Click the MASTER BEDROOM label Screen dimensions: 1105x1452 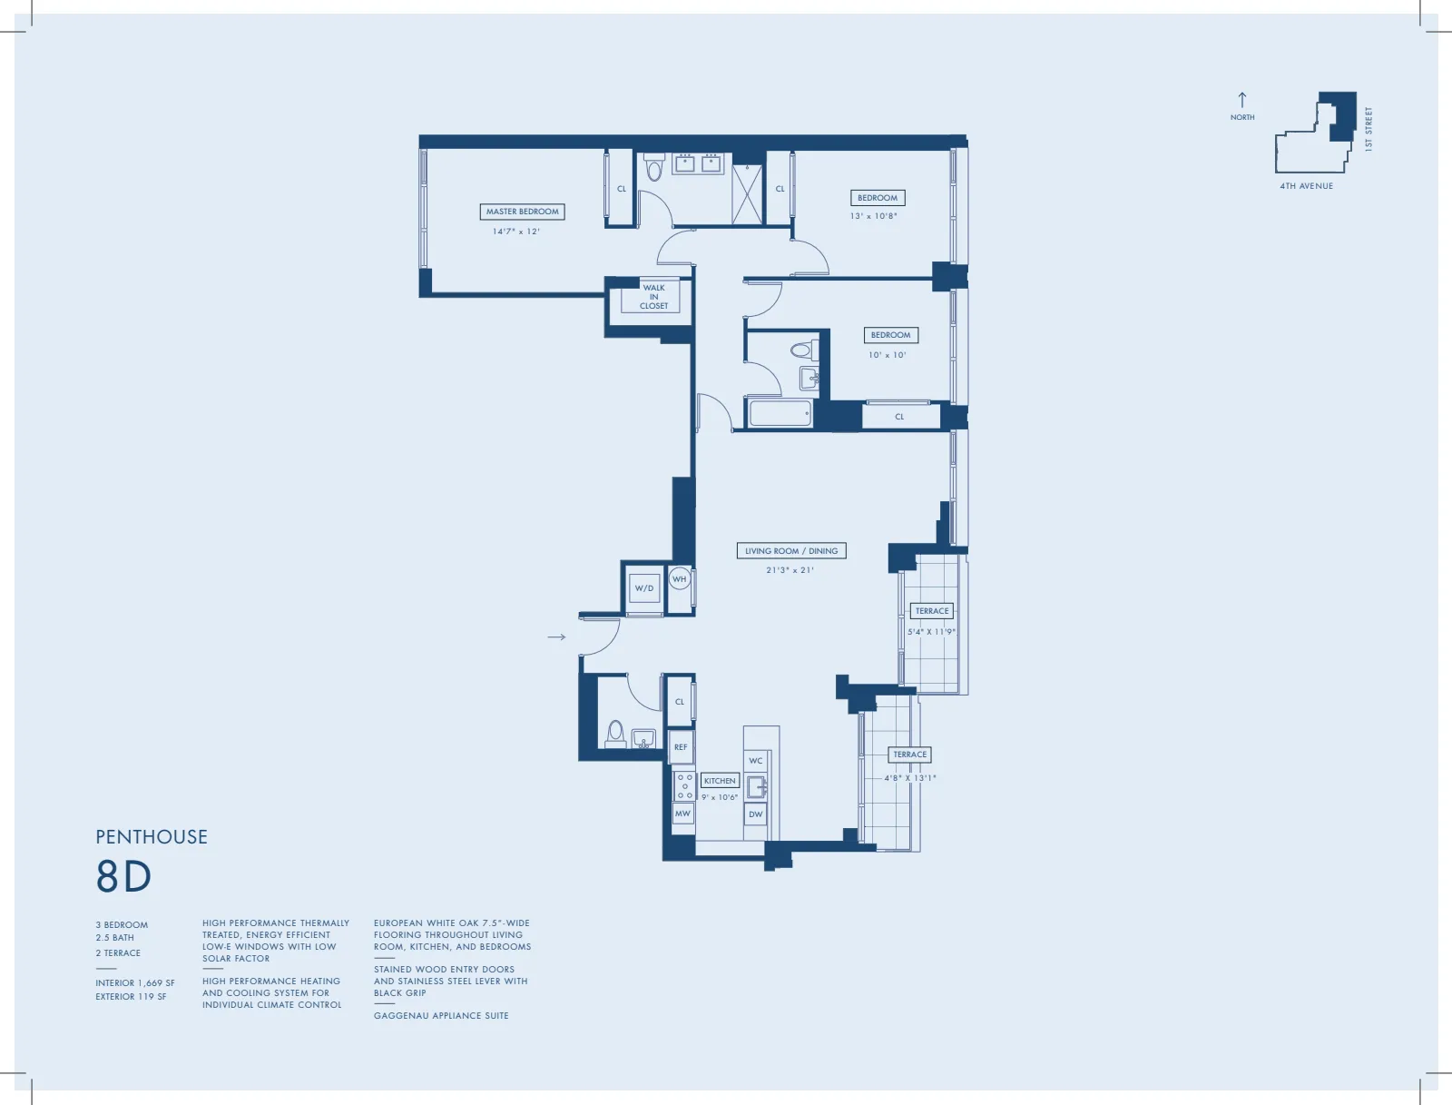(522, 212)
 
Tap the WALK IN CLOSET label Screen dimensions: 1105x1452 (653, 297)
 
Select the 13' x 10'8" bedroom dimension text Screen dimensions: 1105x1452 (873, 216)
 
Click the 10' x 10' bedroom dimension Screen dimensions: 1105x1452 (887, 355)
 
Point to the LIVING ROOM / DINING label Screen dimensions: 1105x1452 (790, 551)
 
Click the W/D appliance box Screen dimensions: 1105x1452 (644, 588)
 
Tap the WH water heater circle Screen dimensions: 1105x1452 (679, 579)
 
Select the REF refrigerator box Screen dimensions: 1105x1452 (681, 747)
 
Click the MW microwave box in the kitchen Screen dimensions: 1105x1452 (682, 814)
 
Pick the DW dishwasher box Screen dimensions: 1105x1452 (755, 814)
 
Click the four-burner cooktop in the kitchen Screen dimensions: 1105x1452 (684, 786)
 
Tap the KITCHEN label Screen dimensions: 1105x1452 (720, 781)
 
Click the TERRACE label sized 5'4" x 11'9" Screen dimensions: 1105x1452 (931, 611)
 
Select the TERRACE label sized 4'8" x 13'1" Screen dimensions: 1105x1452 (909, 755)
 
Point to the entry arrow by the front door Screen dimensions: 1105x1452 (556, 637)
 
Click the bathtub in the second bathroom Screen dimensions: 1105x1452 (780, 413)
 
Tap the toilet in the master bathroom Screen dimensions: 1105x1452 (653, 169)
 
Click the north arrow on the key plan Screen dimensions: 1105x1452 (1242, 100)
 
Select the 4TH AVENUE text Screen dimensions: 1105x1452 (1306, 186)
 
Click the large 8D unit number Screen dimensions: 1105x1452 (124, 877)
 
